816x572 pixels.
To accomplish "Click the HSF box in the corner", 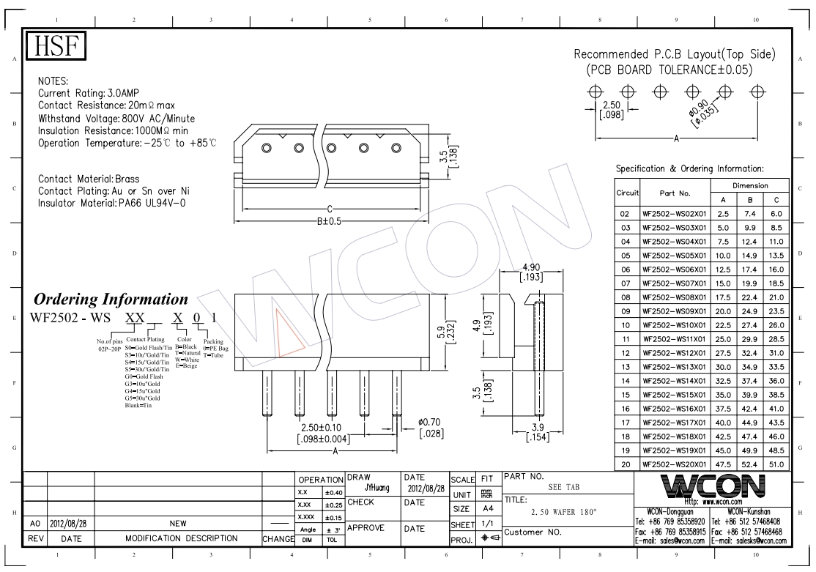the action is pyautogui.click(x=56, y=45).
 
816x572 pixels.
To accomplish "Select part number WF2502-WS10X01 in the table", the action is pyautogui.click(x=675, y=325).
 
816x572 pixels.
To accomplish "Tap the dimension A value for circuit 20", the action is pyautogui.click(x=723, y=465).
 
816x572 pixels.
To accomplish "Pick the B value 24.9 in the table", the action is pyautogui.click(x=749, y=311).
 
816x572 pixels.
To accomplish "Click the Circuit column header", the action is pyautogui.click(x=627, y=193).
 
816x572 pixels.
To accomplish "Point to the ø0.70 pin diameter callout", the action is pyautogui.click(x=430, y=422).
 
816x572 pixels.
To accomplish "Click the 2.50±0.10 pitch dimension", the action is pyautogui.click(x=322, y=427).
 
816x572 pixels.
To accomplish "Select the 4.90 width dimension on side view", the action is pyautogui.click(x=531, y=267).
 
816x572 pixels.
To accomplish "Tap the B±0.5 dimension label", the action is pyautogui.click(x=330, y=221).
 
